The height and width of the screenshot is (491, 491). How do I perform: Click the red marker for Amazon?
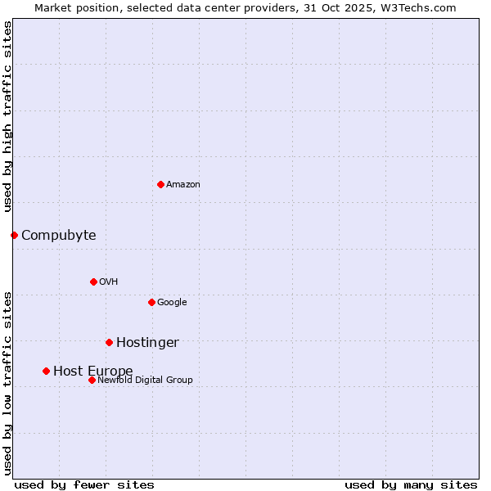point(160,184)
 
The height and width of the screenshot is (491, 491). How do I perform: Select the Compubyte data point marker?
point(14,235)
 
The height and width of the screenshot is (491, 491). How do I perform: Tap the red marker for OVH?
point(93,282)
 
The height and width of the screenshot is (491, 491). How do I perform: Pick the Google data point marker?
point(151,302)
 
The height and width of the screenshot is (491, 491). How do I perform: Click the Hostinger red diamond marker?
point(109,342)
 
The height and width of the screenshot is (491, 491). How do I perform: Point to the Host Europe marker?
point(46,371)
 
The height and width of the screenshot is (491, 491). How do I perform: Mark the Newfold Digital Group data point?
point(92,380)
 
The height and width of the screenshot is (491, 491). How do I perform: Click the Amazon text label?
point(183,185)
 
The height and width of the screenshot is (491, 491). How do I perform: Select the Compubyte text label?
point(58,236)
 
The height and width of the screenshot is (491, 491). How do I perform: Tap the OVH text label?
point(109,282)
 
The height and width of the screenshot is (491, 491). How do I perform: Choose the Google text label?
point(172,303)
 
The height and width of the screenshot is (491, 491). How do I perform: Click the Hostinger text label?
point(147,343)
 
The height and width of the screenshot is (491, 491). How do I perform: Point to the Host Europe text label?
point(92,372)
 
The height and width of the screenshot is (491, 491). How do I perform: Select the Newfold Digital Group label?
point(145,381)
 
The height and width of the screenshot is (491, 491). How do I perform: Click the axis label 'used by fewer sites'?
point(84,484)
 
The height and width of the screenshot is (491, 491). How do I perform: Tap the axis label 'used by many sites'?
point(411,484)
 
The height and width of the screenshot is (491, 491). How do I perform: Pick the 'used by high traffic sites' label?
point(7,117)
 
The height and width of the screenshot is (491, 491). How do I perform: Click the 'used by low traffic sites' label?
point(7,382)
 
